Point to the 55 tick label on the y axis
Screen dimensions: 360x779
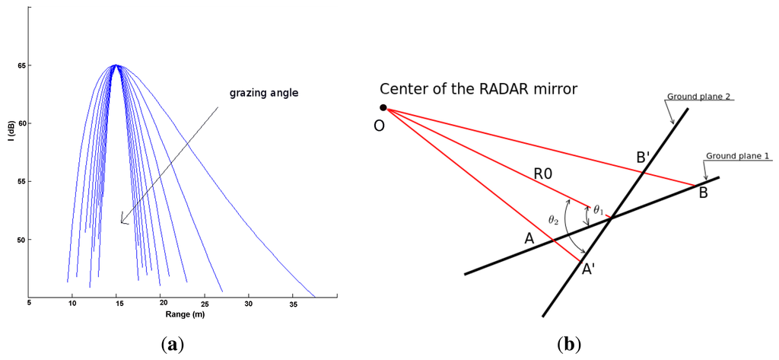[20, 181]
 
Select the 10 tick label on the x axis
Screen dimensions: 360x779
[73, 304]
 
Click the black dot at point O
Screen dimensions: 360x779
[383, 108]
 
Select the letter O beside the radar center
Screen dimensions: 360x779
[379, 125]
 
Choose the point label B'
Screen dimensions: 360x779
[644, 158]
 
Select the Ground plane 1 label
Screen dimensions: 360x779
[738, 156]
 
